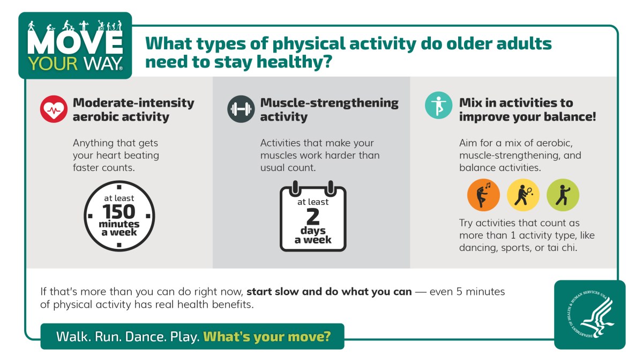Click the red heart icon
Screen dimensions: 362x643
[53, 109]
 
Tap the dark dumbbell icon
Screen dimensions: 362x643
[241, 109]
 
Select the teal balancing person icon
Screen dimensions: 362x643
[438, 105]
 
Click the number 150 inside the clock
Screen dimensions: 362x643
[119, 212]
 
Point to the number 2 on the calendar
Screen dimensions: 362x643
[313, 217]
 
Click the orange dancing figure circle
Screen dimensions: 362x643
[483, 195]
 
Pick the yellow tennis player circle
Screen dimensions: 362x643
[523, 195]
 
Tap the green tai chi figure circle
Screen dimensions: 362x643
[563, 195]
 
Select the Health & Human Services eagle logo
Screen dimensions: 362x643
[589, 314]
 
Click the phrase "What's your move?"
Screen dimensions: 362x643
[267, 337]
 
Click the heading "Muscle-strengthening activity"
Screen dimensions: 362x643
[329, 109]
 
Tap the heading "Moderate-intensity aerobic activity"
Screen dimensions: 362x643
[133, 109]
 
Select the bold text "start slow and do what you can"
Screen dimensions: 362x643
[329, 292]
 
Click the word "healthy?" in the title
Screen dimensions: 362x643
[295, 62]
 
